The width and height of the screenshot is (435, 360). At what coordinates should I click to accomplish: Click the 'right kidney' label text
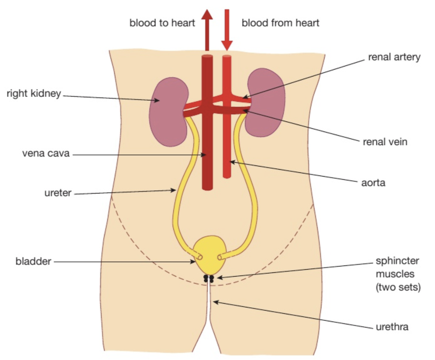coord(34,93)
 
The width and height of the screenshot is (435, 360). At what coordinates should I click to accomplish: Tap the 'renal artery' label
coord(394,57)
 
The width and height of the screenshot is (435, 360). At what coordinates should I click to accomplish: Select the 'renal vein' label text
coord(385,142)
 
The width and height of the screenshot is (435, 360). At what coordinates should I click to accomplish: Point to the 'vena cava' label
coord(46,153)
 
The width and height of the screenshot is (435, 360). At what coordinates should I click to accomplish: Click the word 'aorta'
coord(373,182)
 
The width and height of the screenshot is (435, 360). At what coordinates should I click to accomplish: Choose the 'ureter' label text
coord(58,193)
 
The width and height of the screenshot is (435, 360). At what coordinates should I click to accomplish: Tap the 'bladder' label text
coord(33,261)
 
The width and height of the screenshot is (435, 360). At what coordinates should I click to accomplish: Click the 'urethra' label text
coord(392,326)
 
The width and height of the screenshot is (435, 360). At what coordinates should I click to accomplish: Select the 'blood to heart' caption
coord(162,23)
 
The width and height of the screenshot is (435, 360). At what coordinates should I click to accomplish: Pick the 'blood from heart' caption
coord(280,23)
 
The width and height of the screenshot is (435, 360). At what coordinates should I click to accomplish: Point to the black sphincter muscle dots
coord(209,278)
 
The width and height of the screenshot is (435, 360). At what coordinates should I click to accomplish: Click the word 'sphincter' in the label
coord(397,261)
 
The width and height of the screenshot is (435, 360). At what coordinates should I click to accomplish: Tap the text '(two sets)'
coord(398,287)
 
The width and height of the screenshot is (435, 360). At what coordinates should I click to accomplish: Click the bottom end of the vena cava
coord(207,187)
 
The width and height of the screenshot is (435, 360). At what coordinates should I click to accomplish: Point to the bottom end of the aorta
coord(227,176)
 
